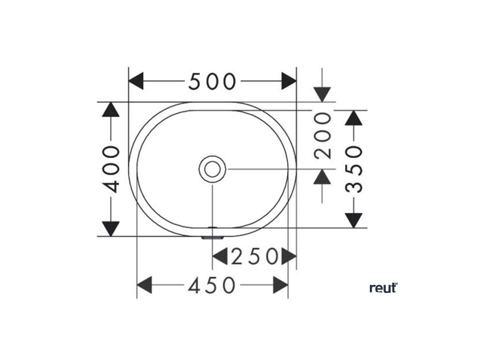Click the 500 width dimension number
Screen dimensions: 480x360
tap(212, 82)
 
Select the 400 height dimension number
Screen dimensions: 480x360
tap(112, 169)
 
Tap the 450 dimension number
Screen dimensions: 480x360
tap(211, 285)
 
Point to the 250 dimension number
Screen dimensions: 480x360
tap(255, 256)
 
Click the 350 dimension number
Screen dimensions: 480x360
tap(354, 169)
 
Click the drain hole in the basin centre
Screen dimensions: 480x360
tap(212, 169)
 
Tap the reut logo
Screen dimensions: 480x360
tap(383, 287)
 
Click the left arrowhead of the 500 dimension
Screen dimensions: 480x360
tap(136, 82)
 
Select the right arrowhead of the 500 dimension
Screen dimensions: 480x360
tap(289, 82)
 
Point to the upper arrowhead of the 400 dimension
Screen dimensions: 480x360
tap(111, 110)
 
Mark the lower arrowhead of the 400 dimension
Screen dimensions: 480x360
tap(111, 228)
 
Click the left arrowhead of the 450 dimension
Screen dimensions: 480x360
tap(144, 285)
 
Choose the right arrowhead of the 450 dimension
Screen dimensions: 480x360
tap(280, 285)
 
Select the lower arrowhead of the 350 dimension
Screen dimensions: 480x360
tap(354, 220)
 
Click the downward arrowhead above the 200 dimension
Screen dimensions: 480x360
tap(322, 94)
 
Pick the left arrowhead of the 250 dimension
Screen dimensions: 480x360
tap(220, 256)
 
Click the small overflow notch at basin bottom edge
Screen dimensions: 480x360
tap(212, 237)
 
